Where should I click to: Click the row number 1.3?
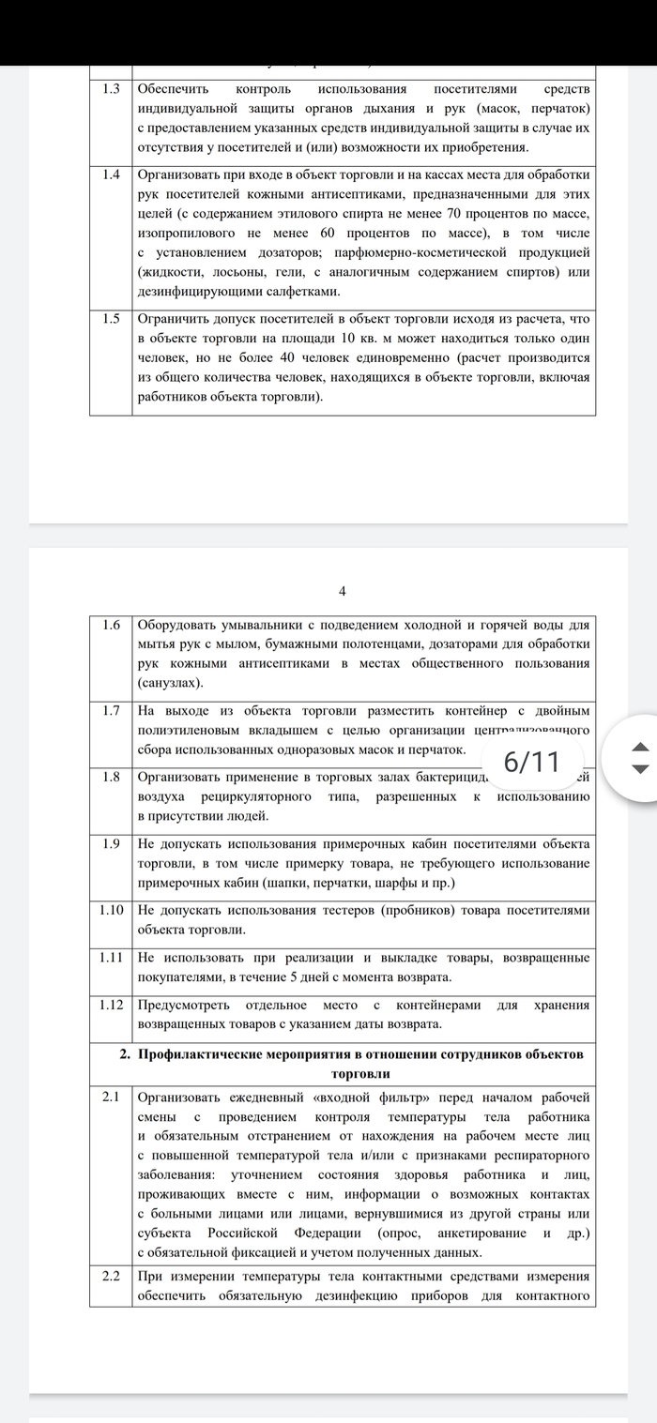[x=112, y=89]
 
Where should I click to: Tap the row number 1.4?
[x=112, y=175]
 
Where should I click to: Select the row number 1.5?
[x=112, y=318]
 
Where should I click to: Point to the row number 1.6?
[x=112, y=625]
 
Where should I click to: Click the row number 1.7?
[x=112, y=710]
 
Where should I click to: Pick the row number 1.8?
[x=112, y=777]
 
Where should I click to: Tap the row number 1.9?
[x=112, y=843]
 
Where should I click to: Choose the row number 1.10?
[x=112, y=909]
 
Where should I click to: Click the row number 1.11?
[x=112, y=957]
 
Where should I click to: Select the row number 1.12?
[x=112, y=1005]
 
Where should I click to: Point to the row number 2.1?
[x=112, y=1097]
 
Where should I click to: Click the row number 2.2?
[x=112, y=1276]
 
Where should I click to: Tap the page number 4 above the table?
[x=343, y=590]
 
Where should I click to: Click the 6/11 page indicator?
[x=532, y=761]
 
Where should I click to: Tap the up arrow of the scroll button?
[x=640, y=747]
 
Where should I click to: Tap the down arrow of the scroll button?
[x=640, y=768]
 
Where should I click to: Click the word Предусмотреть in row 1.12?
[x=190, y=1005]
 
